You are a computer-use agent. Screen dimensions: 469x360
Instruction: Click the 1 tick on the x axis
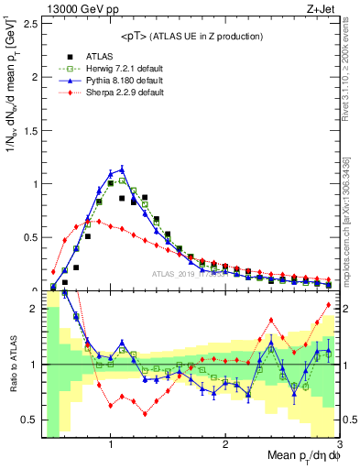point(111,443)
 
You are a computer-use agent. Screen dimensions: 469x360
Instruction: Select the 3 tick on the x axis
point(339,443)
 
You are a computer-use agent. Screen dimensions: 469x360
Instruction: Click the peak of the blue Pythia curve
point(122,169)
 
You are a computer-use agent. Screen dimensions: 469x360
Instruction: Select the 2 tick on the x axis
point(225,443)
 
